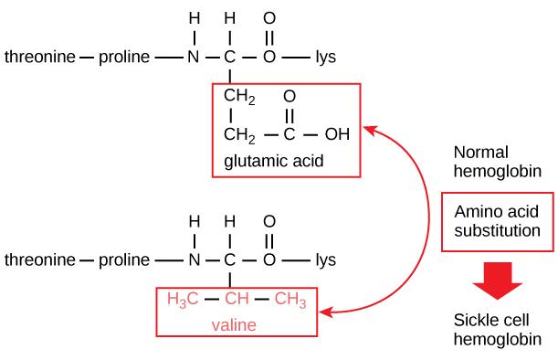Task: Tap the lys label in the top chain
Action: (x=325, y=57)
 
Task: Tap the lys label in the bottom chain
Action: (x=325, y=259)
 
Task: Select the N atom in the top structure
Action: (x=193, y=57)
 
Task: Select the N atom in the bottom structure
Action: (x=193, y=259)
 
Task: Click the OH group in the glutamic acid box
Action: (x=337, y=135)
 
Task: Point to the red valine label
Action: (x=234, y=324)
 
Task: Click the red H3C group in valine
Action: (x=181, y=299)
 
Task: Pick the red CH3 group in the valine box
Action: (x=290, y=299)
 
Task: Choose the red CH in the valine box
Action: (x=237, y=299)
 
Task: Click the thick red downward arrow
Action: (x=497, y=283)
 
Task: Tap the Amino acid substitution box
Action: (x=498, y=221)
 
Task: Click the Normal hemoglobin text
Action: (x=494, y=162)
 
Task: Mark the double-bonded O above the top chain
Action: (x=268, y=17)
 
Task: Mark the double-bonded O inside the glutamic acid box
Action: (x=290, y=96)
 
